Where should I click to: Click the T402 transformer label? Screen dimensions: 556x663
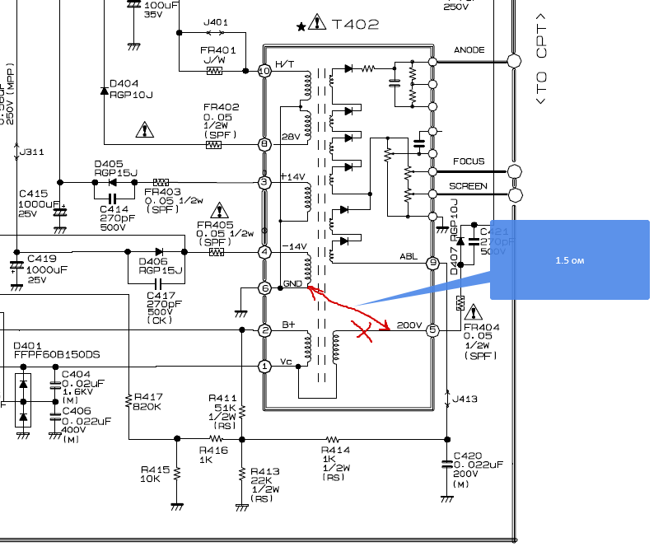pos(355,25)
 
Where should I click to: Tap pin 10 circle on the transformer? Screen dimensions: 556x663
pos(264,72)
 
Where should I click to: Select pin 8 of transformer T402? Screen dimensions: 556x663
pos(264,144)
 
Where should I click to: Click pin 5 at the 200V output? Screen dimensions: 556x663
pos(432,330)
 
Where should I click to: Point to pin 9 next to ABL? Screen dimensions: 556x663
pos(432,264)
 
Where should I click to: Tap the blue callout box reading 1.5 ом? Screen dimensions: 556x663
pos(569,259)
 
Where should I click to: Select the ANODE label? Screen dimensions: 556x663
pos(469,51)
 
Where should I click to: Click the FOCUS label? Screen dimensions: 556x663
pos(469,161)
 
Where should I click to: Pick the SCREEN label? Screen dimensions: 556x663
pos(468,186)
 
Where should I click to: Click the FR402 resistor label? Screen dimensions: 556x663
pos(222,108)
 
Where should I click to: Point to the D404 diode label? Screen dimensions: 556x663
pos(124,83)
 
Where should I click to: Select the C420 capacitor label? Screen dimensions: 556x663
pos(467,455)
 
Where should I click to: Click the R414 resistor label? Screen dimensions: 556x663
pos(335,451)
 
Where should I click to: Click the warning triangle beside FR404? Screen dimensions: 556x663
pos(474,313)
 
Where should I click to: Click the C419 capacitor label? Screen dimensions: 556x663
pos(41,258)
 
